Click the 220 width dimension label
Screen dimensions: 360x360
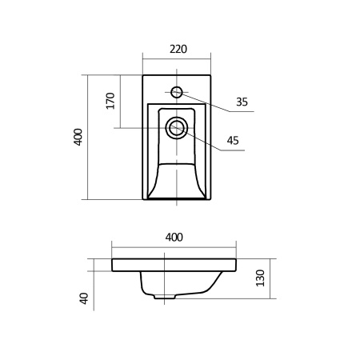[x=178, y=49]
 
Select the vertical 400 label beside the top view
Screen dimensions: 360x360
[x=78, y=137]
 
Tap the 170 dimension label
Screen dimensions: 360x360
[x=110, y=101]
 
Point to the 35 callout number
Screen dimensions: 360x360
[x=242, y=102]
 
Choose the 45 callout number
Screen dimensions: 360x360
[x=233, y=141]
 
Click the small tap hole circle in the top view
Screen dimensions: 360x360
[x=177, y=91]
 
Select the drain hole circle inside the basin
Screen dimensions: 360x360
[x=177, y=126]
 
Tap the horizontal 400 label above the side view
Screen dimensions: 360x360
[x=174, y=237]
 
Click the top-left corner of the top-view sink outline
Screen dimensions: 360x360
[x=143, y=75]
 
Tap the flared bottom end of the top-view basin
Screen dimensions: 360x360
[x=177, y=192]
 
